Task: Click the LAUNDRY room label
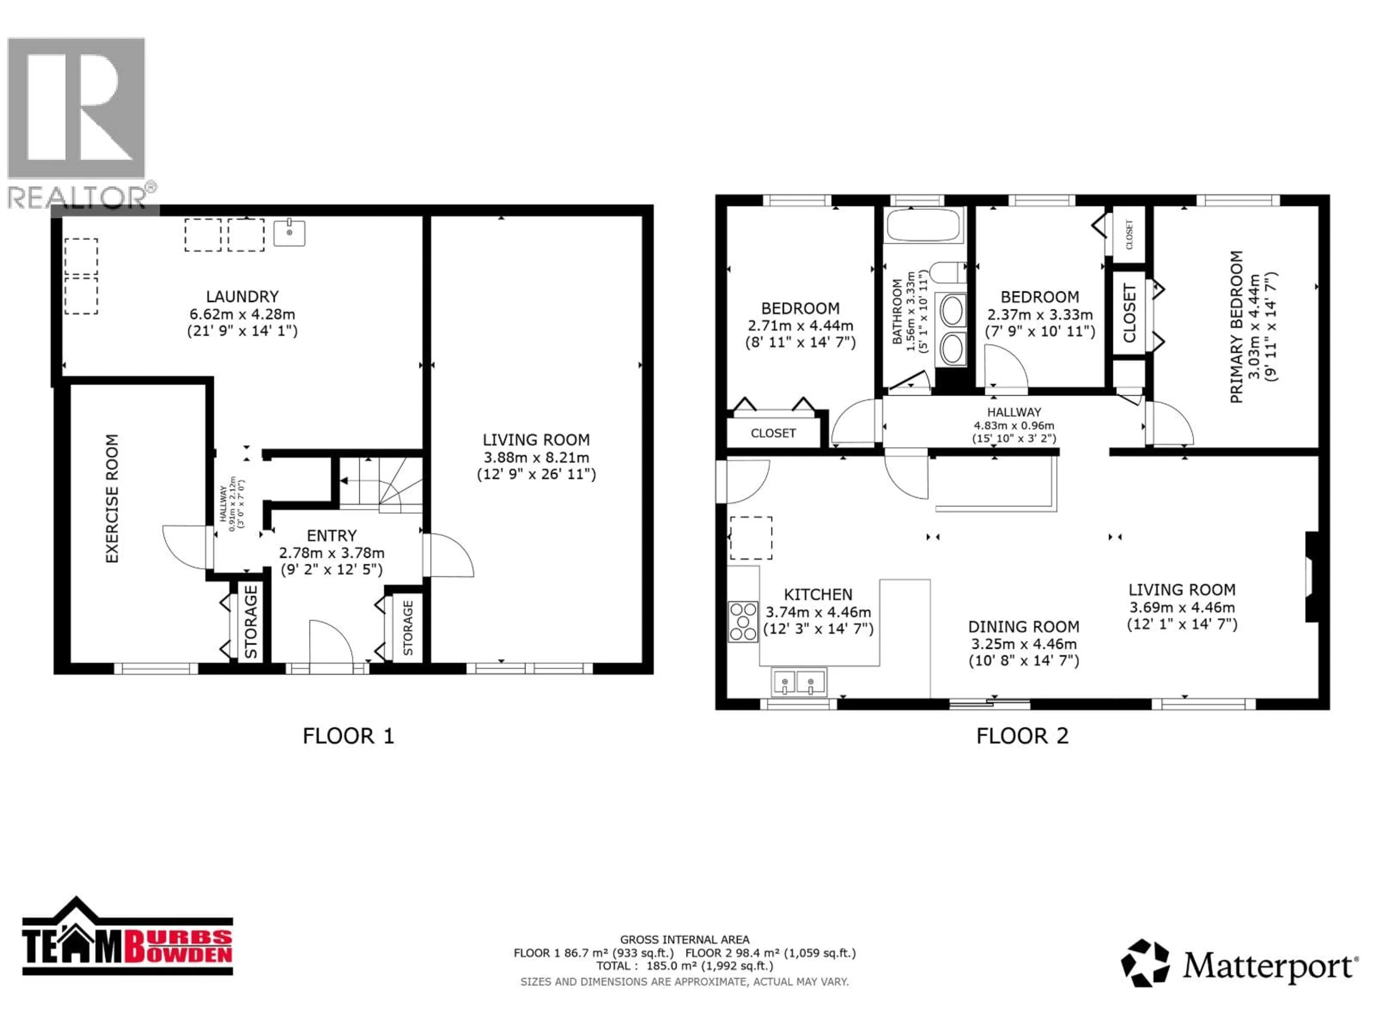click(242, 297)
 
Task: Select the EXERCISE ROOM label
click(112, 499)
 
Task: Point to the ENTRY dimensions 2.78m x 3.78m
click(332, 553)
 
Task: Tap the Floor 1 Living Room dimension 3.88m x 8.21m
click(536, 457)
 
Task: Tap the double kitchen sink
click(798, 682)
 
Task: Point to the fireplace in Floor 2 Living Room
click(1311, 576)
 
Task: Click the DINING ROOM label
click(1024, 627)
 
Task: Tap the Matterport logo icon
click(1144, 963)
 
